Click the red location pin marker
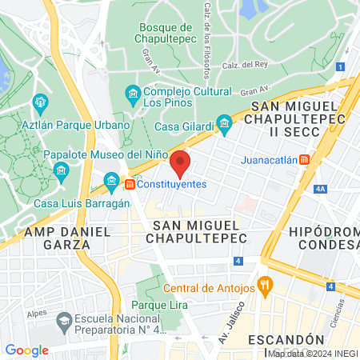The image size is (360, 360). [181, 163]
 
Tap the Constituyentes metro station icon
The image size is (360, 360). [129, 184]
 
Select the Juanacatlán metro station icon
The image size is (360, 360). [304, 159]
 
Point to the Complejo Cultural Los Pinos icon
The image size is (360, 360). [133, 96]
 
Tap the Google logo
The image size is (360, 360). [26, 350]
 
